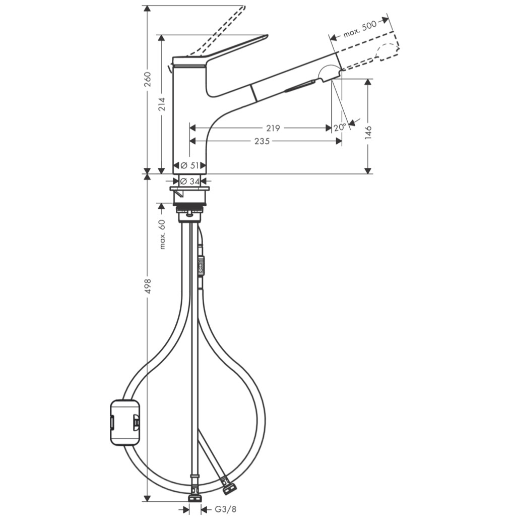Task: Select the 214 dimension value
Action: (x=162, y=104)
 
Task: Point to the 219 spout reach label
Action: (x=273, y=128)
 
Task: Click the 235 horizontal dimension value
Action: (x=262, y=141)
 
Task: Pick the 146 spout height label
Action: (x=369, y=132)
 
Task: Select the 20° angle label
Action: (x=340, y=127)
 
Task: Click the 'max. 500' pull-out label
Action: (x=359, y=29)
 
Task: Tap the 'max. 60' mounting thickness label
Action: (x=162, y=234)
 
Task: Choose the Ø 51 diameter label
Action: (x=189, y=166)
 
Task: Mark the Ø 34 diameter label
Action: (x=189, y=181)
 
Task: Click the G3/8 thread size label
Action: (x=225, y=509)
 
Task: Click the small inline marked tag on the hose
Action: (x=201, y=267)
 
